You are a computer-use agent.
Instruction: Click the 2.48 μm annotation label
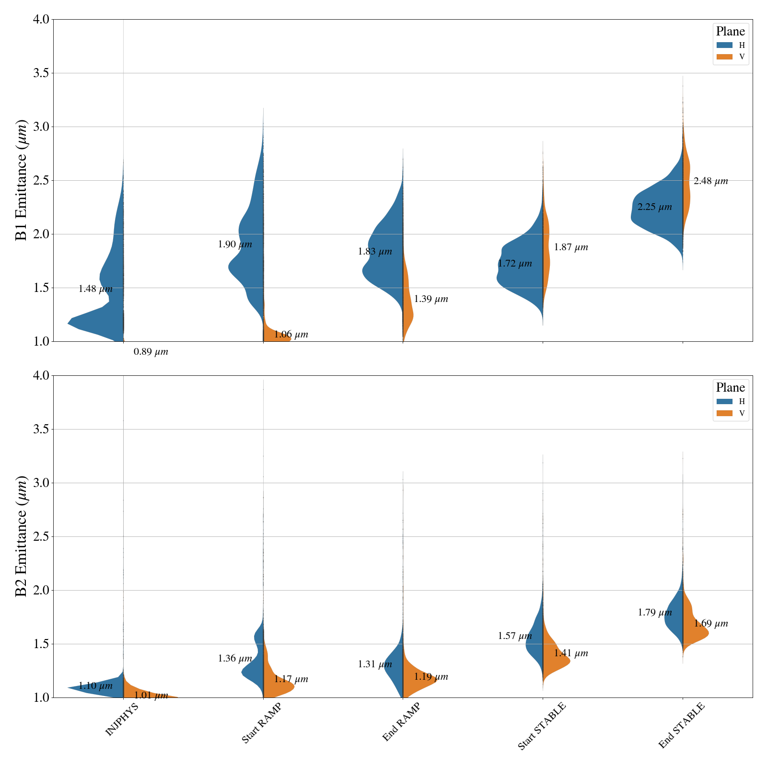click(x=710, y=181)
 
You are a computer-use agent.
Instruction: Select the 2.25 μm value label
click(x=654, y=208)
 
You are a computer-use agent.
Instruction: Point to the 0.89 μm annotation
click(x=151, y=352)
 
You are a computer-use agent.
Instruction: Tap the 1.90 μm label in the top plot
click(x=235, y=244)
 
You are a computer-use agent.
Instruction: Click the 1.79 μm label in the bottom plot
click(x=655, y=613)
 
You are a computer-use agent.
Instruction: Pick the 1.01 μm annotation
click(x=151, y=696)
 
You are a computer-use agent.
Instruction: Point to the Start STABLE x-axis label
click(x=542, y=726)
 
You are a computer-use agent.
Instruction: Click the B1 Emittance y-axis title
click(x=22, y=180)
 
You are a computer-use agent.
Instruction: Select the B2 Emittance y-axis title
click(x=22, y=536)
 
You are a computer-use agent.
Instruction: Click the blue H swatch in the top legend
click(x=724, y=45)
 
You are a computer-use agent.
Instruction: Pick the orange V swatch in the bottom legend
click(x=724, y=413)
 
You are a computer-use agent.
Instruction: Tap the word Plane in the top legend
click(x=731, y=32)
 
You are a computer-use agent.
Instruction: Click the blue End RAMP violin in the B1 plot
click(x=383, y=259)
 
